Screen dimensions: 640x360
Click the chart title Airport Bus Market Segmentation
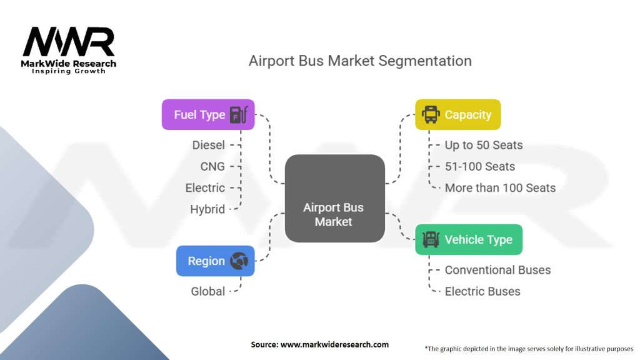(x=360, y=61)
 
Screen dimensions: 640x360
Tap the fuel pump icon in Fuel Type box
(x=239, y=115)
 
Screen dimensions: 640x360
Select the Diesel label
(x=209, y=145)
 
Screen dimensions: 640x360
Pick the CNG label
(x=212, y=166)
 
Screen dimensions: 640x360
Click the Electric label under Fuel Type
(x=205, y=187)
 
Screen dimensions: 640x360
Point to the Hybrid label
(x=207, y=209)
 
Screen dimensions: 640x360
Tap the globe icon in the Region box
(x=239, y=261)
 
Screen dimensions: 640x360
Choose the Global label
(x=208, y=291)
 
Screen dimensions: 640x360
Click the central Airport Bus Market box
(x=335, y=198)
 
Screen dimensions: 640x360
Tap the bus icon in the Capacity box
(x=431, y=114)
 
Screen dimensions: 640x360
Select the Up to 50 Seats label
(x=484, y=145)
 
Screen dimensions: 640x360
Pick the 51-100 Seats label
(x=480, y=166)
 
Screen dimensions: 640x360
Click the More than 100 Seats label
(x=501, y=187)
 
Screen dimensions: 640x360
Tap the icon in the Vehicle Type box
(x=431, y=239)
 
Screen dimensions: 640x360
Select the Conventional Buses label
(x=498, y=270)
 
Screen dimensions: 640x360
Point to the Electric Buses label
(x=483, y=291)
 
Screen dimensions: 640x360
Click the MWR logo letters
(x=69, y=42)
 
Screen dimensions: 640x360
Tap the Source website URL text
(x=335, y=344)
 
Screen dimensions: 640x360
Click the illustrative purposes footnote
(x=529, y=349)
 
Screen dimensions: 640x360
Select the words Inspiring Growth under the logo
(x=69, y=71)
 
